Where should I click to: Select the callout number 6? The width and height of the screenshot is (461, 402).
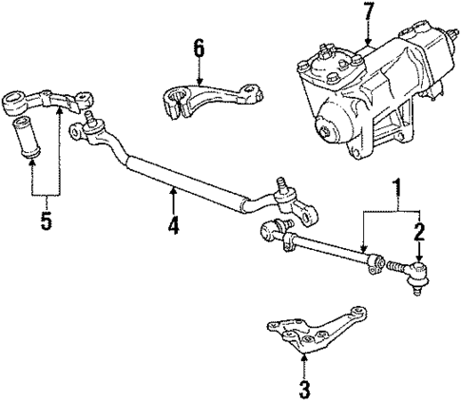[x=198, y=48]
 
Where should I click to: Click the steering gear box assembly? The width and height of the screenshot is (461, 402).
[x=371, y=90]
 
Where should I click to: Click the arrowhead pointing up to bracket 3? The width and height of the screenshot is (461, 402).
[x=303, y=358]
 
